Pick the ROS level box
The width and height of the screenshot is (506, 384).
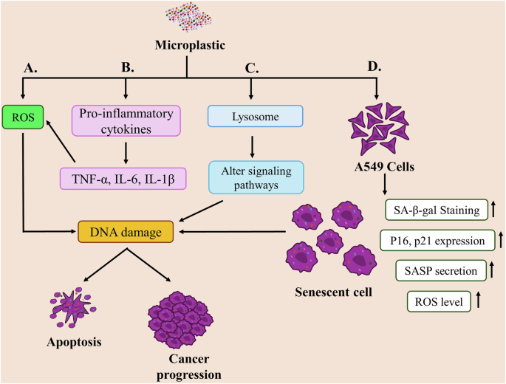pyautogui.click(x=439, y=301)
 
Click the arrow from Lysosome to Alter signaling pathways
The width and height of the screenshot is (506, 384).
pyautogui.click(x=252, y=146)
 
